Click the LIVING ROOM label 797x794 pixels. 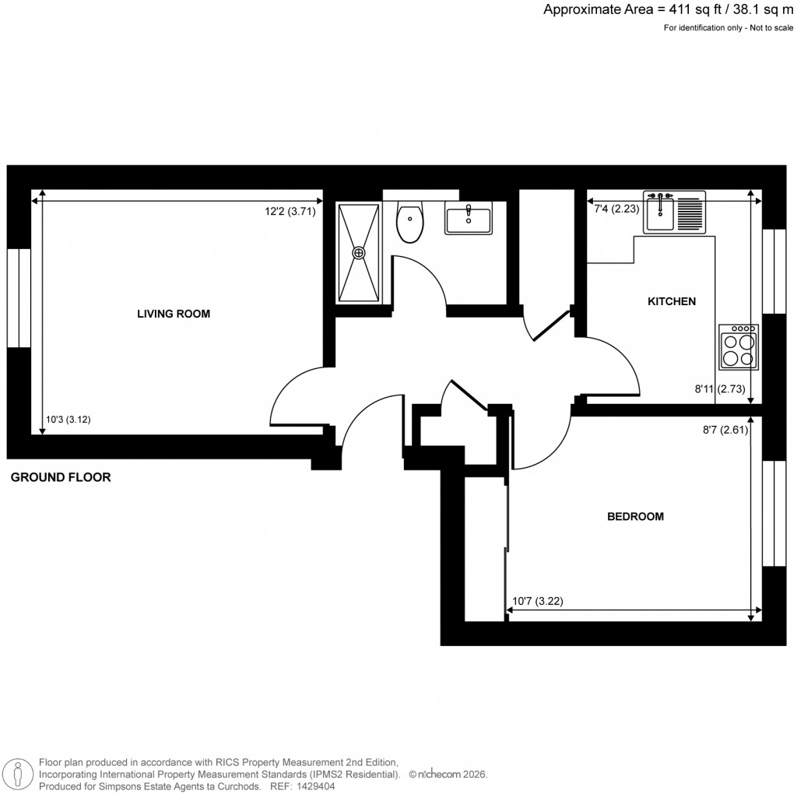174,314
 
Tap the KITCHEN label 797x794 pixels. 672,301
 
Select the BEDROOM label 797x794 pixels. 635,516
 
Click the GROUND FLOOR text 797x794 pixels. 61,477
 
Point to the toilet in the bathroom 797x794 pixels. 409,222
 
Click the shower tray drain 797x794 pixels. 359,252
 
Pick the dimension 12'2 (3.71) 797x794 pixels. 290,210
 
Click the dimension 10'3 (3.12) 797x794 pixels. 68,420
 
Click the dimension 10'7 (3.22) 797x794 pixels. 538,601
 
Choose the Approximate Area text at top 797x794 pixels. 668,10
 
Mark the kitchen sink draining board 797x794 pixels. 690,212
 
